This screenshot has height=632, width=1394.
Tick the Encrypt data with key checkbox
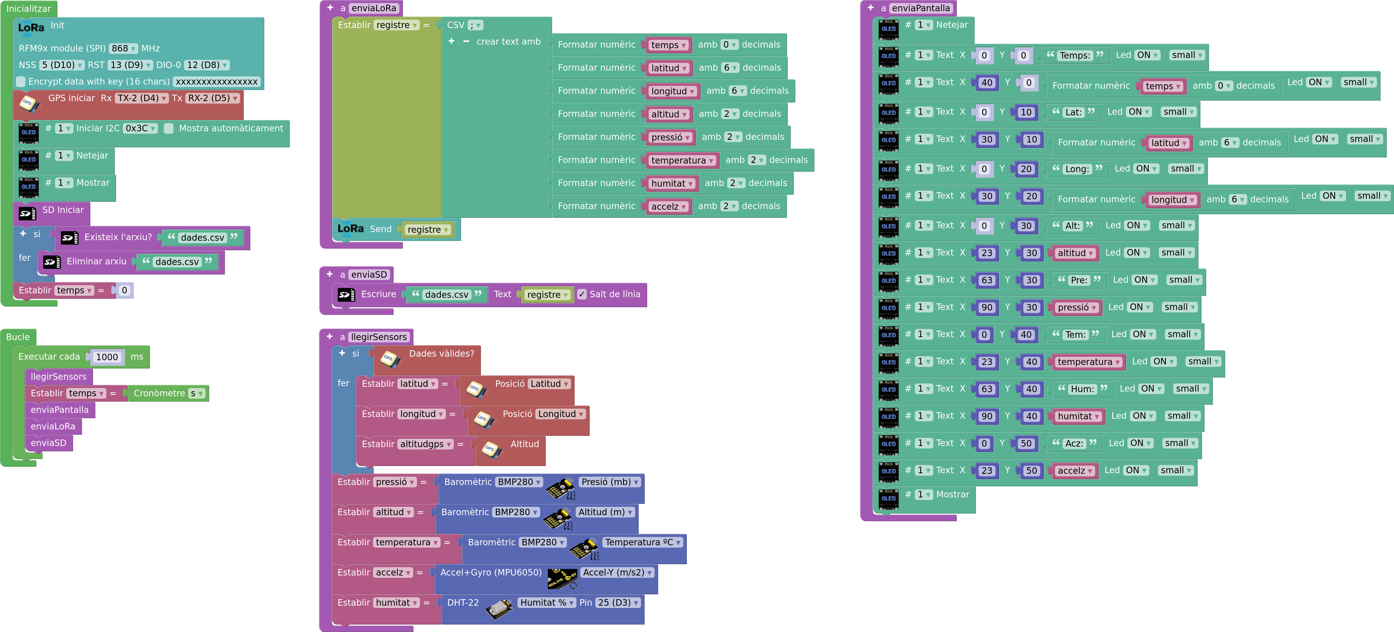pyautogui.click(x=21, y=82)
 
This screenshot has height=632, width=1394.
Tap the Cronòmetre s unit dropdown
pyautogui.click(x=196, y=393)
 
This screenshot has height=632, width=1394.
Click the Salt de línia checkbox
pyautogui.click(x=582, y=294)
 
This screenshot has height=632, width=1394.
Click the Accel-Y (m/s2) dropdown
pyautogui.click(x=617, y=573)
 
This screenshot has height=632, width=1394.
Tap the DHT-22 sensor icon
pyautogui.click(x=499, y=609)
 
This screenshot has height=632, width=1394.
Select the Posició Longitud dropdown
pyautogui.click(x=561, y=414)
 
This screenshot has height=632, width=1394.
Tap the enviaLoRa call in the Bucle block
pyautogui.click(x=53, y=426)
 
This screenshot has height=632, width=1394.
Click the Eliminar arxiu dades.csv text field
pyautogui.click(x=177, y=262)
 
